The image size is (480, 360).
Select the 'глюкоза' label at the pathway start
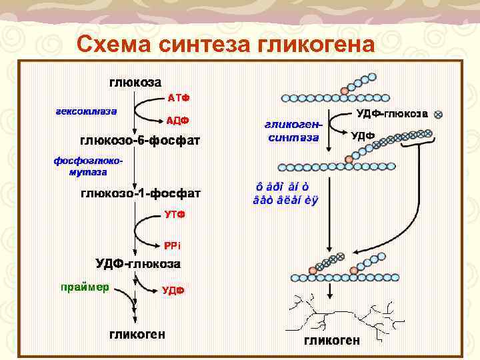pos(135,83)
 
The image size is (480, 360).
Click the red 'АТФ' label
pos(179,98)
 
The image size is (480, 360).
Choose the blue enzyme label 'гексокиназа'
pos(86,111)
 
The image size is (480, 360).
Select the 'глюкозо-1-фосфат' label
pos(141,193)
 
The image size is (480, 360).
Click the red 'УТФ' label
pos(175,215)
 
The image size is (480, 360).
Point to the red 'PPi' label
pos(172,245)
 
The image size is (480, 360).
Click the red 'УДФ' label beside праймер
pos(173,290)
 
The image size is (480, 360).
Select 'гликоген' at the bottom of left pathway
pos(138,333)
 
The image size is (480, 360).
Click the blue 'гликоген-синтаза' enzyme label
pos(293,131)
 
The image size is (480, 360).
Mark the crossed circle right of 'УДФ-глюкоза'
pos(438,114)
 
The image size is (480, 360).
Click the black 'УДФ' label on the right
pos(363,135)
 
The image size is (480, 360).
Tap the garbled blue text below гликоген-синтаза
pos(286,193)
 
